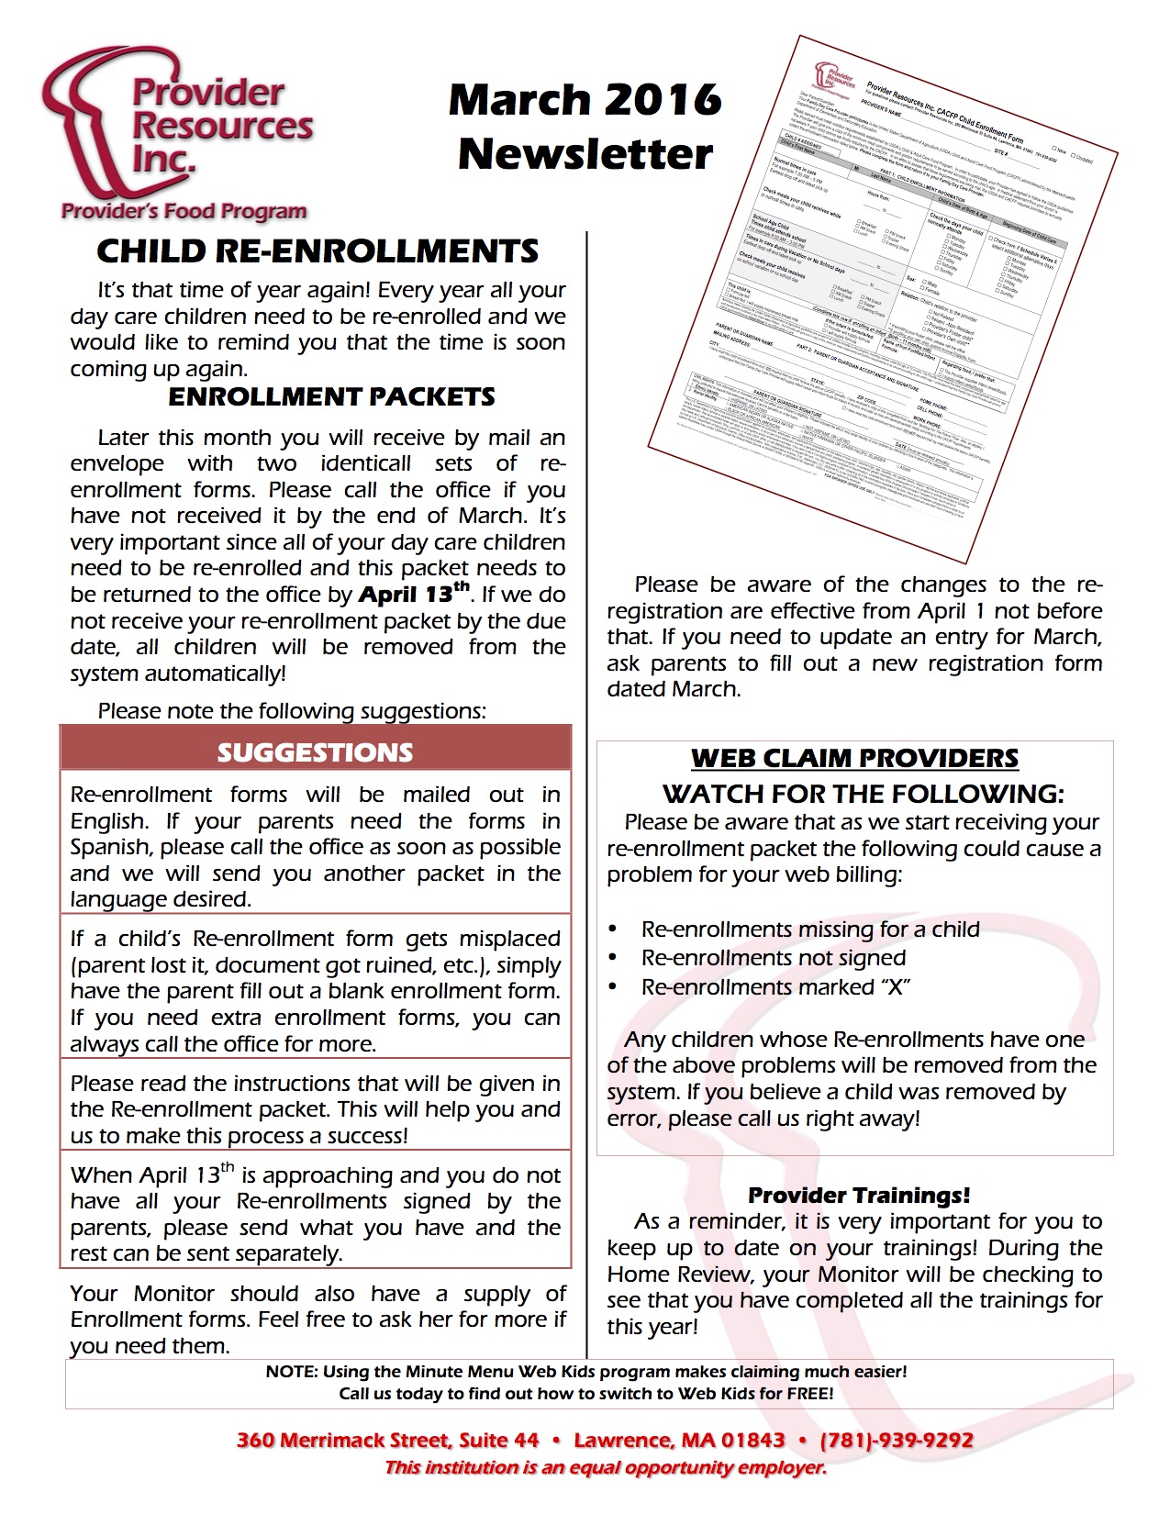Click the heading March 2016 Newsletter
585,127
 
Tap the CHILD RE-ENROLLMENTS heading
318,251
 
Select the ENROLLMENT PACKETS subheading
331,396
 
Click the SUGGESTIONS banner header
315,752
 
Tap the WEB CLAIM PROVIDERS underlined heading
854,758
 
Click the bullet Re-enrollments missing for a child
810,930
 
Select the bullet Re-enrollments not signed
774,958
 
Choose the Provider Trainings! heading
858,1195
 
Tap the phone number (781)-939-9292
897,1440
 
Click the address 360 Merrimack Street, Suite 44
387,1440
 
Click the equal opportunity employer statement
606,1467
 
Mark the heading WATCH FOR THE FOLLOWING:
864,794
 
